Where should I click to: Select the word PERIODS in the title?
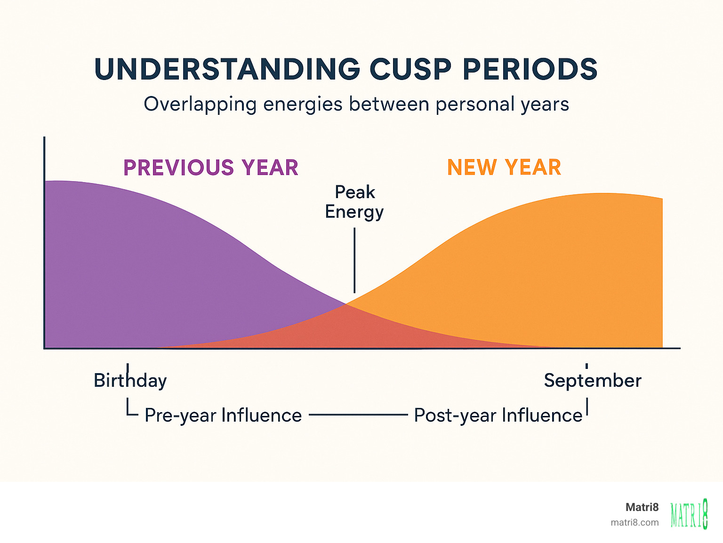(530, 69)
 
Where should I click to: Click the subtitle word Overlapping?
(200, 104)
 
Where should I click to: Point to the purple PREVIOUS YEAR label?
(210, 168)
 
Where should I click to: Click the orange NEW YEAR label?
(504, 167)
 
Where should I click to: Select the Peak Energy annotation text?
(354, 202)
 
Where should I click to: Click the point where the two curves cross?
(347, 304)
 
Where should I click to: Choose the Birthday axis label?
(130, 380)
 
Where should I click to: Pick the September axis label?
(593, 380)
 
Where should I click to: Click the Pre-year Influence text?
(223, 415)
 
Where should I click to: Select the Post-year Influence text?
(498, 415)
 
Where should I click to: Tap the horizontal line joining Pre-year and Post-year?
(358, 415)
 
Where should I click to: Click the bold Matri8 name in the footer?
(642, 507)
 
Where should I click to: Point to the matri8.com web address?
(635, 522)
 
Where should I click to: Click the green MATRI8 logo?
(689, 514)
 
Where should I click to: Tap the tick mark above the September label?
(586, 366)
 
